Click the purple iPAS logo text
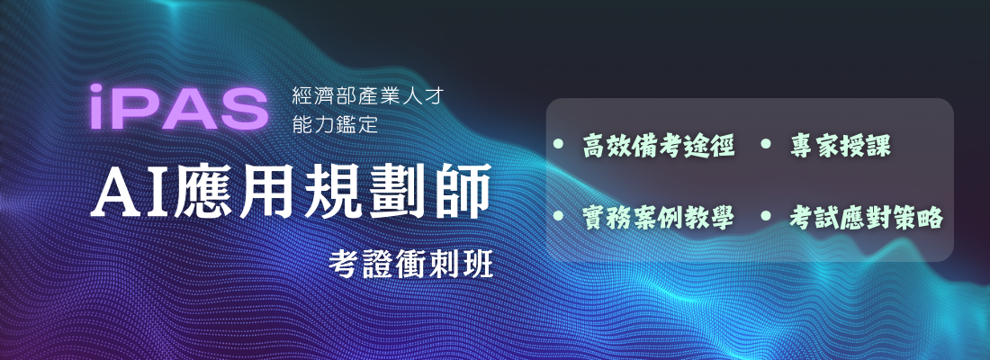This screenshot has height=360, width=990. point(179,107)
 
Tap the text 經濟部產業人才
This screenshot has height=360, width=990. point(369,96)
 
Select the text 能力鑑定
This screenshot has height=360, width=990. point(336,124)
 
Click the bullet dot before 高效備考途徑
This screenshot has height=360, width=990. point(558,144)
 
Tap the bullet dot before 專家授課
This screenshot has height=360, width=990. point(766,144)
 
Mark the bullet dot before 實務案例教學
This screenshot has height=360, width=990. point(558,216)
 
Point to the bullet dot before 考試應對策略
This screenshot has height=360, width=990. point(766,216)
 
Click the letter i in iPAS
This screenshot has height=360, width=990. point(97,107)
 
